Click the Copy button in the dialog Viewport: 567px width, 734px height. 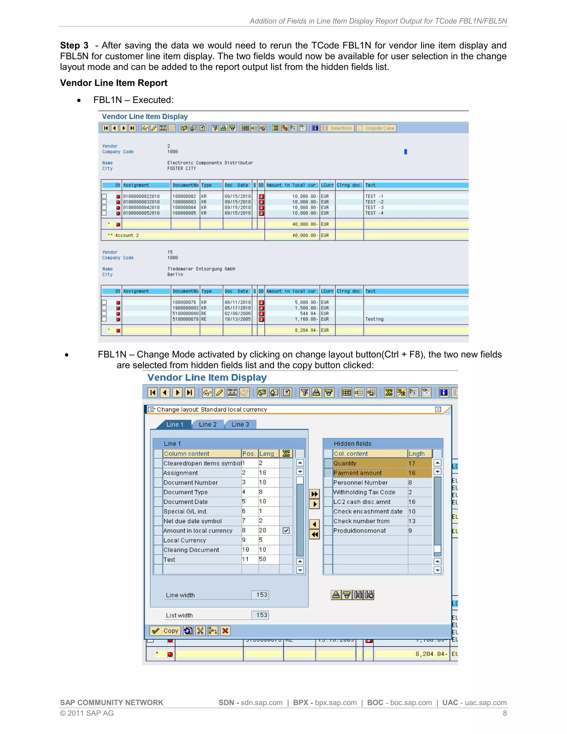click(x=165, y=631)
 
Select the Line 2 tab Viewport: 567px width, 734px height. click(x=208, y=424)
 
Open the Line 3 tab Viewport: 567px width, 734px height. click(x=240, y=424)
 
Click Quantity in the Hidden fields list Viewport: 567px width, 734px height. click(x=345, y=463)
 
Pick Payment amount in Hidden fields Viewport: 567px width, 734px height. click(x=357, y=473)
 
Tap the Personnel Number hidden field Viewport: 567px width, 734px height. click(x=360, y=483)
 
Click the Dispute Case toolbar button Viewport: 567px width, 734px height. click(x=377, y=128)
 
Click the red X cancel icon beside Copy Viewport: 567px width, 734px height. click(x=225, y=631)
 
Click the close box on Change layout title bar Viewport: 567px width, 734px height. click(x=438, y=409)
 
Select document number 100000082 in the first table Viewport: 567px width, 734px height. click(x=184, y=196)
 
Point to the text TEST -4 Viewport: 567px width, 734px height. click(x=374, y=213)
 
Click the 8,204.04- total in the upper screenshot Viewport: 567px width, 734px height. click(x=306, y=330)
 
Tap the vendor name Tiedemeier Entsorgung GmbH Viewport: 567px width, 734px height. click(x=201, y=269)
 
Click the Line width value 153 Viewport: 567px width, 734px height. click(x=261, y=595)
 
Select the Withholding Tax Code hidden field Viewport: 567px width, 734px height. click(x=364, y=492)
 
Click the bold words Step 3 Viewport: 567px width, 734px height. click(x=74, y=45)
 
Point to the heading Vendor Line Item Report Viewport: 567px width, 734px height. click(x=114, y=83)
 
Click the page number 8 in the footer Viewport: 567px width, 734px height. click(x=504, y=713)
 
